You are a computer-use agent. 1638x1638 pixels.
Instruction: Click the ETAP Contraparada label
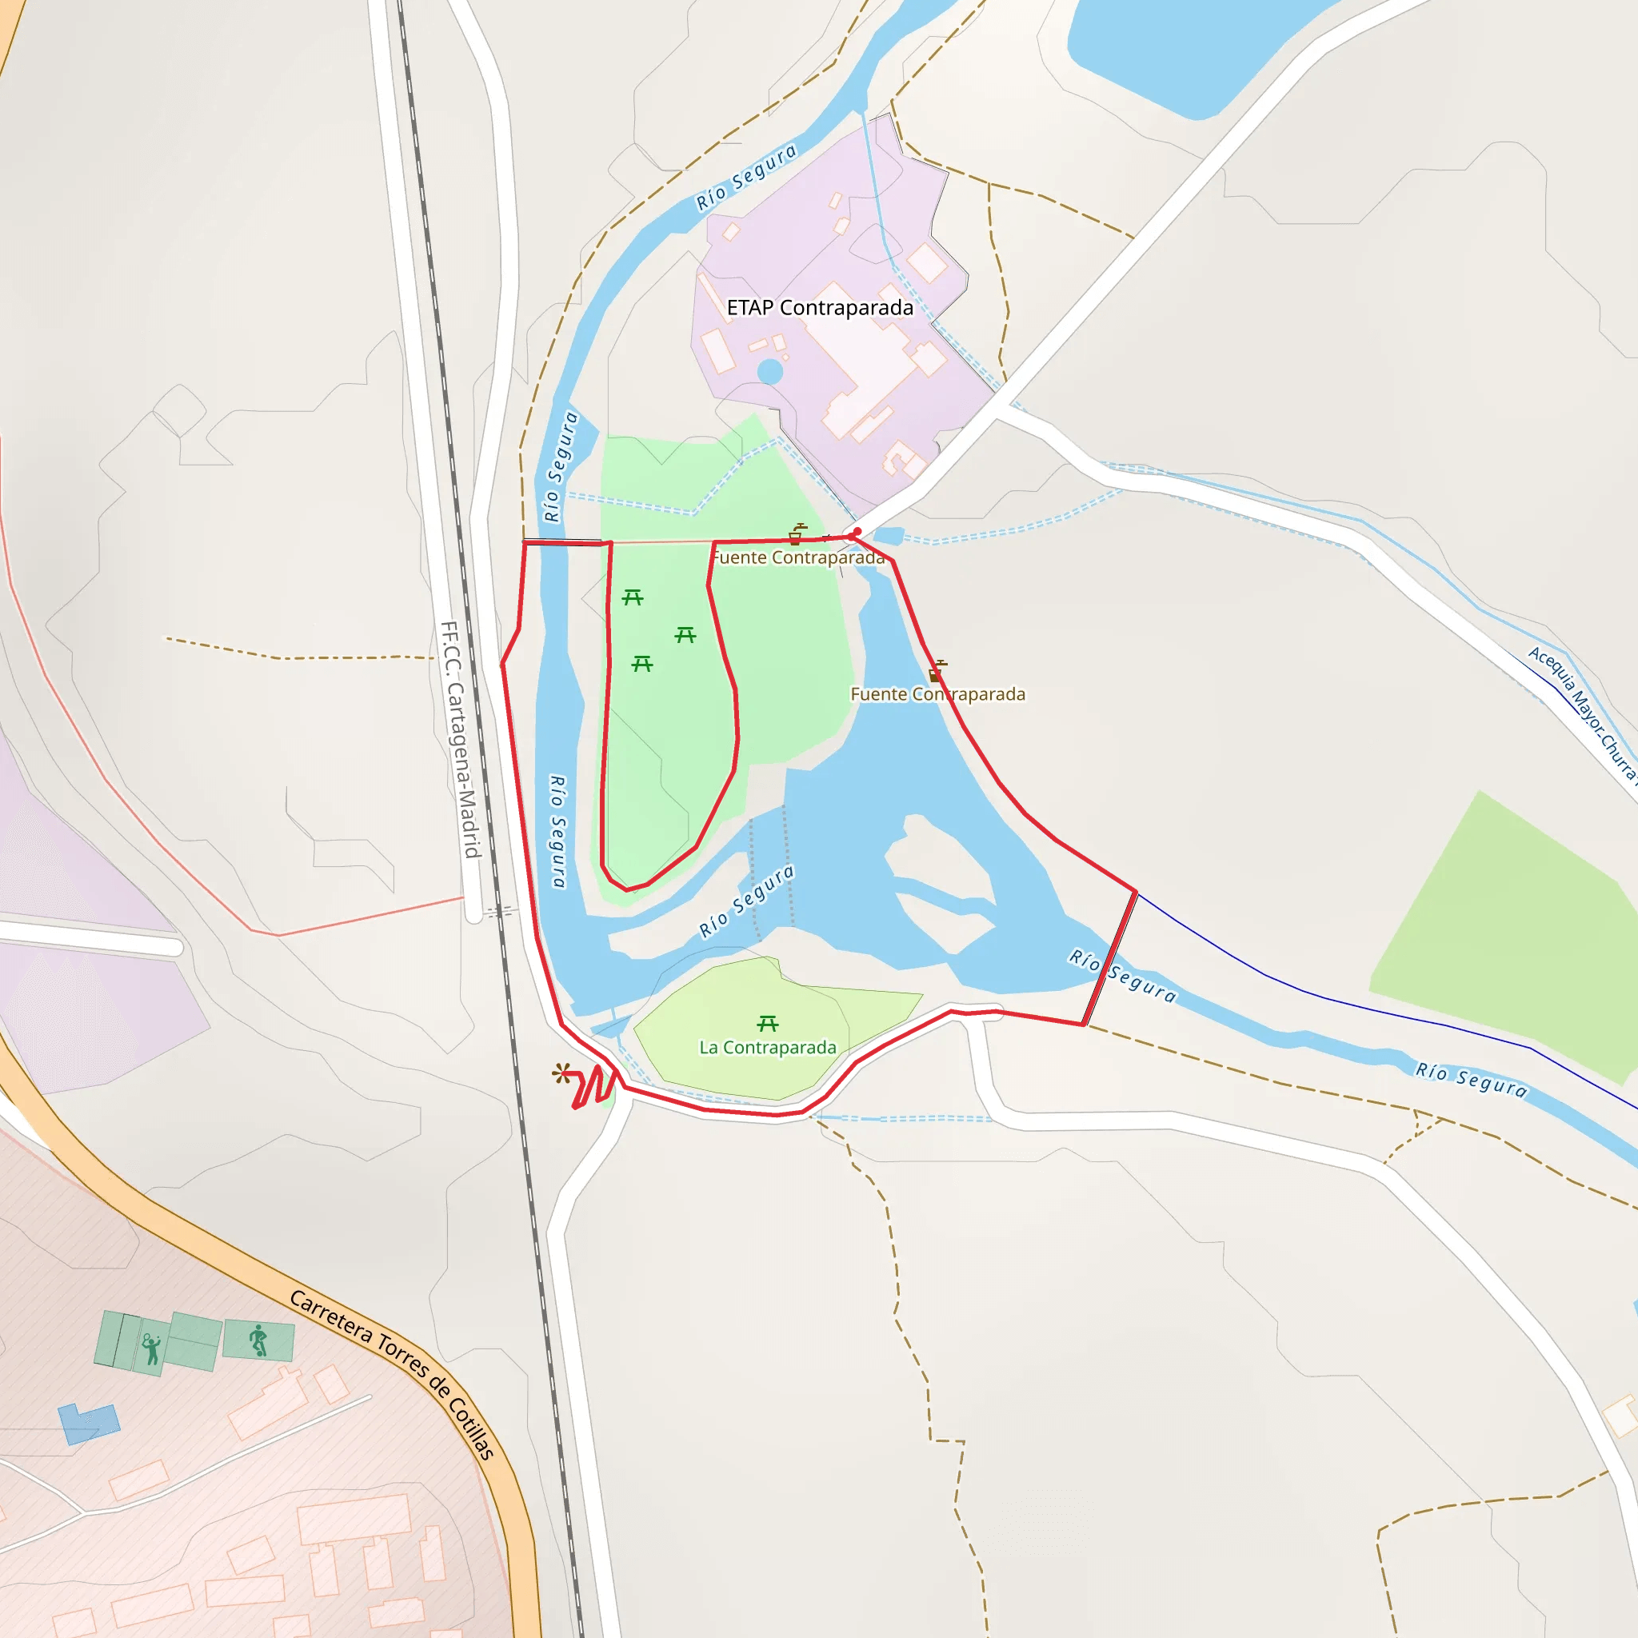pos(820,308)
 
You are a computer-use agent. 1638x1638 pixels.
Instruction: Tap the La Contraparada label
pos(767,1048)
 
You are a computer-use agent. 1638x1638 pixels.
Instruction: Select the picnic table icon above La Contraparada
pos(767,1023)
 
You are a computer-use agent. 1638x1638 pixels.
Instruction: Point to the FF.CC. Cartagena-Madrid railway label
pos(461,739)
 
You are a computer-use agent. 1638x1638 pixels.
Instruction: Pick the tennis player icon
pos(152,1348)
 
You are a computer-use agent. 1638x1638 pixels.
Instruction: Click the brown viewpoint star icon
pos(561,1073)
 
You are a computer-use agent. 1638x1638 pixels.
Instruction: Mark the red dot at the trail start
pos(857,533)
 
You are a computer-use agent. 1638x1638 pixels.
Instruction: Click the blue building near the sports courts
pos(88,1424)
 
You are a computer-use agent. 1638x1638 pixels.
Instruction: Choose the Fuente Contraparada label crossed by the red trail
pos(937,694)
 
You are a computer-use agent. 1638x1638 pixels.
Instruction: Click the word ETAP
pos(749,308)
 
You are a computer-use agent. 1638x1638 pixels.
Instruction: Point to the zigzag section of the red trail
pos(593,1086)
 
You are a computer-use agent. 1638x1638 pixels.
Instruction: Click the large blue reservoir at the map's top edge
pos(1187,51)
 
